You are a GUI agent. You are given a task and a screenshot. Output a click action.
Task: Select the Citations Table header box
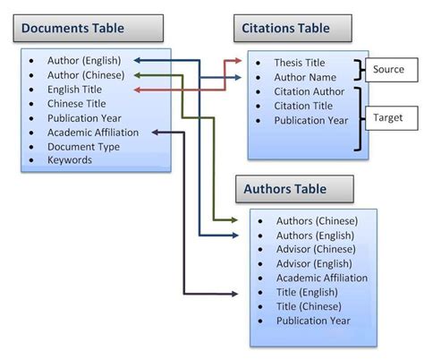pyautogui.click(x=286, y=29)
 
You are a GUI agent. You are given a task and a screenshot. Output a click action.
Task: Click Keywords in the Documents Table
pyautogui.click(x=71, y=160)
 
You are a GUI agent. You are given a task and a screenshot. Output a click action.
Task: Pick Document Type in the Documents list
pyautogui.click(x=83, y=146)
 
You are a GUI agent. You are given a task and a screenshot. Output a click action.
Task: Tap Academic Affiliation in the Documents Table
pyautogui.click(x=94, y=133)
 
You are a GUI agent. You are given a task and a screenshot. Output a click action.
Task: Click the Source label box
pyautogui.click(x=389, y=69)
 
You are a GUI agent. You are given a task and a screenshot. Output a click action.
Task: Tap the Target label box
pyautogui.click(x=389, y=116)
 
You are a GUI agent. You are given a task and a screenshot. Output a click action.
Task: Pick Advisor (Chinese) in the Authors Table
pyautogui.click(x=317, y=249)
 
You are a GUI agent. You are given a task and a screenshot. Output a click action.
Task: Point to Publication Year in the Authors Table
pyautogui.click(x=314, y=321)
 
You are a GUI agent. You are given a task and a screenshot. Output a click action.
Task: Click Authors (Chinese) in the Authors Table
pyautogui.click(x=318, y=220)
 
